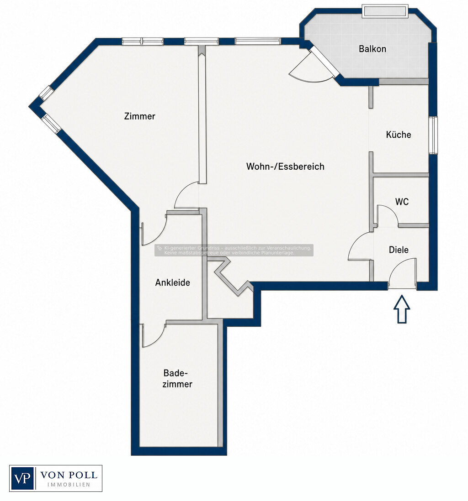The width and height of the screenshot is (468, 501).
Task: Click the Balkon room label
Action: (372, 49)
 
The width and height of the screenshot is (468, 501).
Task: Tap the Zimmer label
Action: (139, 116)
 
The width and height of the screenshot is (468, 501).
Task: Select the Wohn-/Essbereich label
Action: (285, 167)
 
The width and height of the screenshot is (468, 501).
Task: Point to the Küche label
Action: (399, 135)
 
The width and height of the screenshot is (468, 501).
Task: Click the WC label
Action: (402, 202)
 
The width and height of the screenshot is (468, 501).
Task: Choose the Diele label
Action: (399, 250)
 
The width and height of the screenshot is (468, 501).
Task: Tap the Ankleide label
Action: (173, 282)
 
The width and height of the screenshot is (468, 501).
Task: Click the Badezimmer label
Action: (177, 378)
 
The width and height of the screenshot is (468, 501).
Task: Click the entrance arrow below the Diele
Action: (402, 309)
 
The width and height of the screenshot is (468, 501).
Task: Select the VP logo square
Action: (22, 478)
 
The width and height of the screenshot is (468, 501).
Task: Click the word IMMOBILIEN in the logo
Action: (69, 485)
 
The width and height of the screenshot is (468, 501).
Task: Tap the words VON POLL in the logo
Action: (69, 475)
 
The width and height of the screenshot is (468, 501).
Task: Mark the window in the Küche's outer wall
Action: (433, 135)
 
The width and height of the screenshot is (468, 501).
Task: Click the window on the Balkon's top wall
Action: (385, 11)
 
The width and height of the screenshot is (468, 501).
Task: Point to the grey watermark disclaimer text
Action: (234, 250)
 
